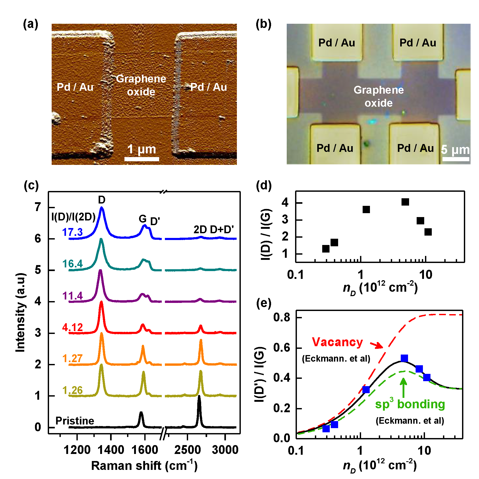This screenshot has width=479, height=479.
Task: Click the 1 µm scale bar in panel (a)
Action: [142, 159]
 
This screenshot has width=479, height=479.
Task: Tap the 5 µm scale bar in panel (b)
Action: [456, 159]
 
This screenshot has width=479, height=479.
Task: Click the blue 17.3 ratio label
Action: [72, 232]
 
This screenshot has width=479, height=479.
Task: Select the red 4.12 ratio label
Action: [72, 327]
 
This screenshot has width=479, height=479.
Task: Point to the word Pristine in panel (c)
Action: [75, 421]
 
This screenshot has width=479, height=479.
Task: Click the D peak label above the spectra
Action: [101, 200]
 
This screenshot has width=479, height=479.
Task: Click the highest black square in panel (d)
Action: [405, 202]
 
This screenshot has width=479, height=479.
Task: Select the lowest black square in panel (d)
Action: [326, 249]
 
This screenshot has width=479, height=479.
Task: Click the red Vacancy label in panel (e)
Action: [337, 342]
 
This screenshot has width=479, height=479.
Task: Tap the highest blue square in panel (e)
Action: [404, 358]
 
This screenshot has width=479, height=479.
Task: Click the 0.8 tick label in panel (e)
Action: [282, 318]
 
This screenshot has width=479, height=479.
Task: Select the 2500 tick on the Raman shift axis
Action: [188, 450]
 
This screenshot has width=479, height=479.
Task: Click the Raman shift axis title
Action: [144, 466]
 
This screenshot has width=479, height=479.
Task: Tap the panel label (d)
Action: [264, 185]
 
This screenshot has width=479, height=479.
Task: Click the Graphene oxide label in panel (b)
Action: [379, 96]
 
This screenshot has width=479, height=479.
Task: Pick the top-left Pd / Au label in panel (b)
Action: [337, 43]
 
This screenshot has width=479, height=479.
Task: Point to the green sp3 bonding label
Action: [410, 404]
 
